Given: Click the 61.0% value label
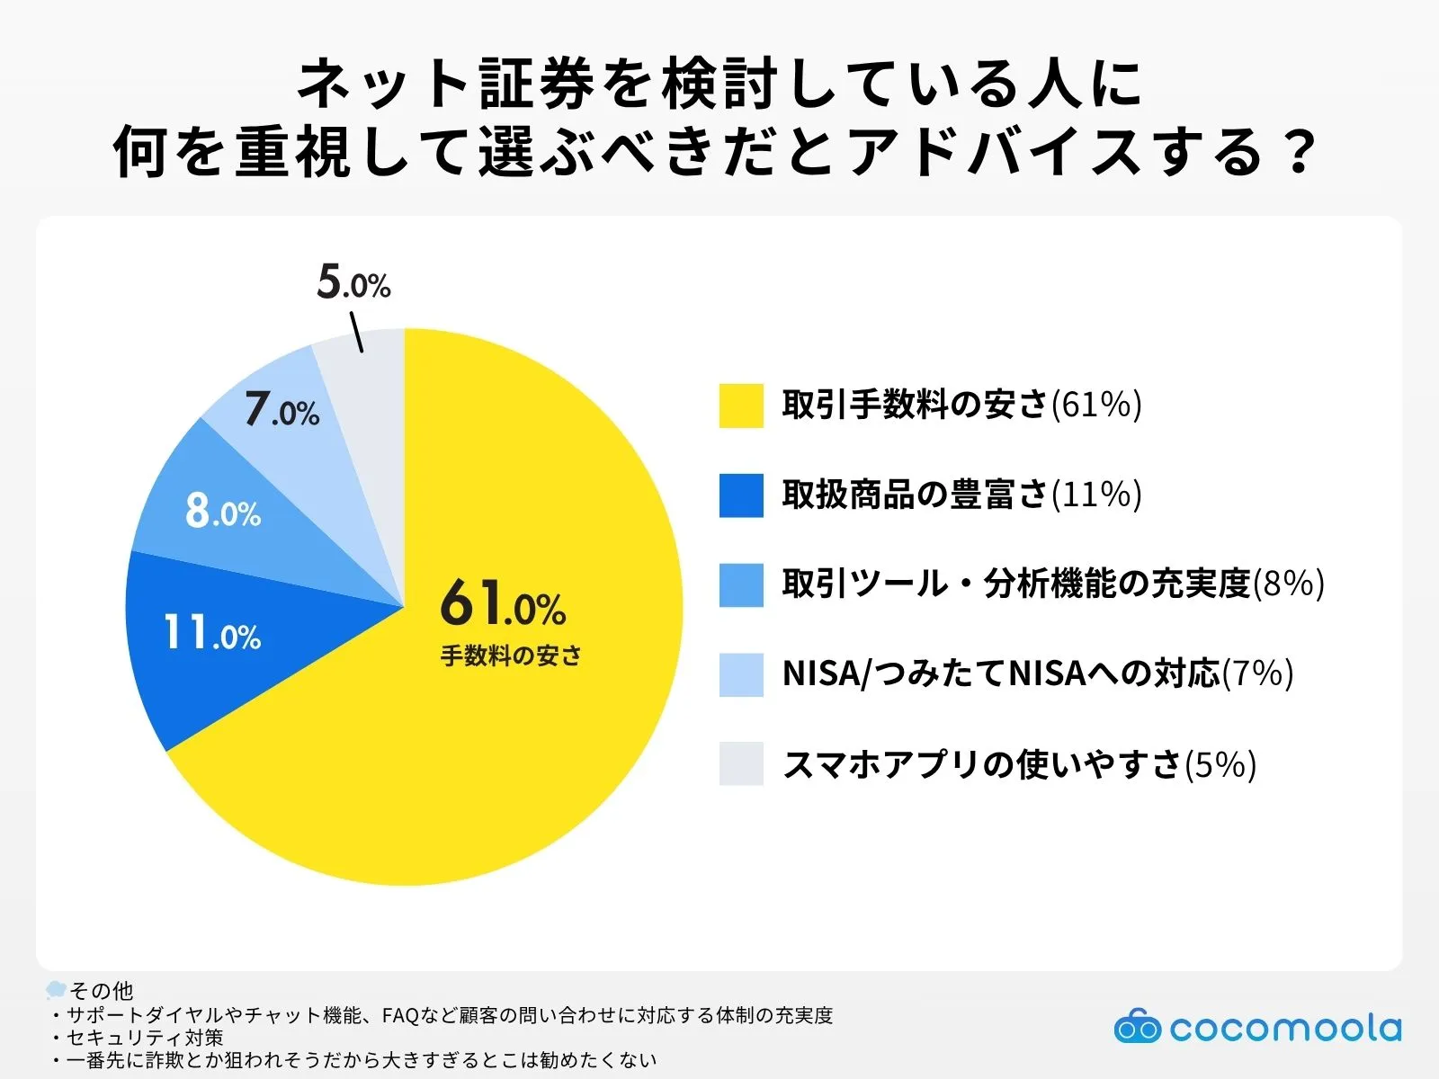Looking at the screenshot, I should coord(503,603).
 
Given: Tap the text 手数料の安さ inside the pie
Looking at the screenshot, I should coord(511,655).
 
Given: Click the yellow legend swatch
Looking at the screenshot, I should coord(741,406).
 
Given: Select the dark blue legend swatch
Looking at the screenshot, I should coord(741,495).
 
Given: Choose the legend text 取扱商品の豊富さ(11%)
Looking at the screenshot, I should coord(961,495).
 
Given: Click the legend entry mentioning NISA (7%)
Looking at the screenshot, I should coord(1037,673).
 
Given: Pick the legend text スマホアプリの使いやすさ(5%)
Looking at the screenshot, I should coord(1018,764).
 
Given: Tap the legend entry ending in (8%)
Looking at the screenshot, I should coord(1052,584).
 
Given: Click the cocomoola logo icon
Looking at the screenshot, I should coord(1137,1027).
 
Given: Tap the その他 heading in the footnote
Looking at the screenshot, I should coord(101,990).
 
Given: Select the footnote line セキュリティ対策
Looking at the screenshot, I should coord(144,1038).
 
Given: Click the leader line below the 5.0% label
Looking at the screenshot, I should coord(356,332).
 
